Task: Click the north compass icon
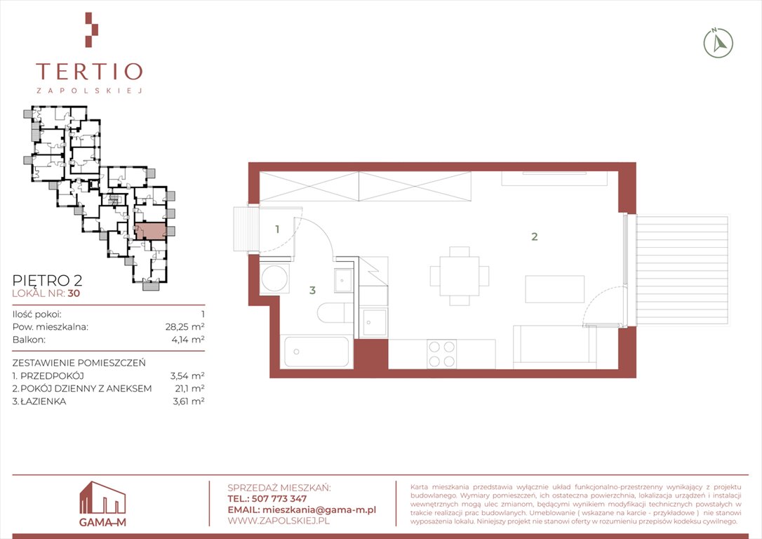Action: tap(718, 44)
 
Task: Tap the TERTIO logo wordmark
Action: tap(89, 72)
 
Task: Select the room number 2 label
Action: tap(535, 237)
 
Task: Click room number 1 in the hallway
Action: tap(277, 229)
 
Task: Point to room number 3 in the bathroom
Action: tap(312, 290)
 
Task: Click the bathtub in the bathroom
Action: tap(317, 352)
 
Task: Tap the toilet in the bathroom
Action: tap(335, 312)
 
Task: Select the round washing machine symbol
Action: tap(274, 278)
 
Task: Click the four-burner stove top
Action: tap(442, 354)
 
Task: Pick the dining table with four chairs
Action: tap(460, 276)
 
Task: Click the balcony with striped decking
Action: tap(682, 271)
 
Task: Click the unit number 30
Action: tap(74, 293)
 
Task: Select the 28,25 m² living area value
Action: tap(185, 326)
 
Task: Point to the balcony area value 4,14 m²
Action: tap(188, 339)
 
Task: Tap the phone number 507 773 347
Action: tap(279, 499)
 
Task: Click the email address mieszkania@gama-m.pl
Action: tap(319, 510)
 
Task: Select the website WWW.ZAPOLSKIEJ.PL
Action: tap(279, 521)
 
